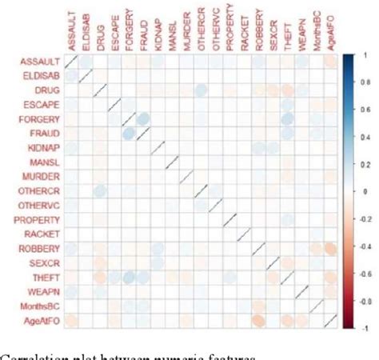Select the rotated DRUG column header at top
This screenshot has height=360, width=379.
pos(99,38)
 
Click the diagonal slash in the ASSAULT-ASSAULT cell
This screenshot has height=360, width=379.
pos(70,62)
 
